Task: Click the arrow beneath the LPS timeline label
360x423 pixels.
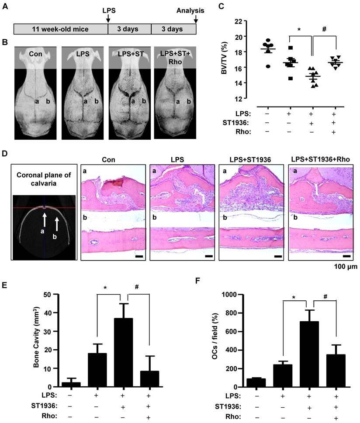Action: pos(108,18)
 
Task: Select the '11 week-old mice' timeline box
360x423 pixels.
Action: pos(61,29)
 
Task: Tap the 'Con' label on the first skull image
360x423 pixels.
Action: pos(36,55)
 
